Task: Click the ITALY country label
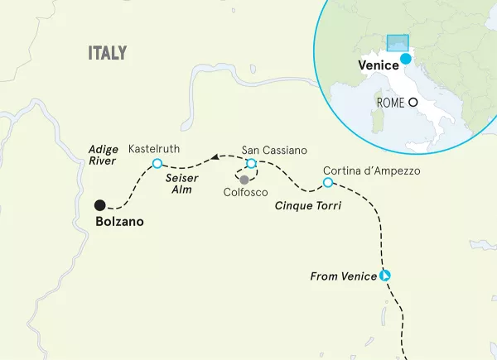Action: tap(108, 54)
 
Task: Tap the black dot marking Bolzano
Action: tap(99, 205)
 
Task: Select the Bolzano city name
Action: tap(115, 222)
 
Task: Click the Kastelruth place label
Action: tap(155, 149)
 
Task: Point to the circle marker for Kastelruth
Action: tap(157, 164)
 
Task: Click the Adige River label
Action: tap(104, 156)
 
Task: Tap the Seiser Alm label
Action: tap(180, 184)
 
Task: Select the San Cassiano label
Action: tap(273, 151)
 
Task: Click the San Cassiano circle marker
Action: tap(251, 164)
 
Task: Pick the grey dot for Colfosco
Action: tap(244, 180)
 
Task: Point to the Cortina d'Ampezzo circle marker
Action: tap(327, 182)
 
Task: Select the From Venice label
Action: tap(342, 276)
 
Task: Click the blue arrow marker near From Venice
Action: tap(385, 276)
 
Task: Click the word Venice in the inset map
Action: tap(377, 65)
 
